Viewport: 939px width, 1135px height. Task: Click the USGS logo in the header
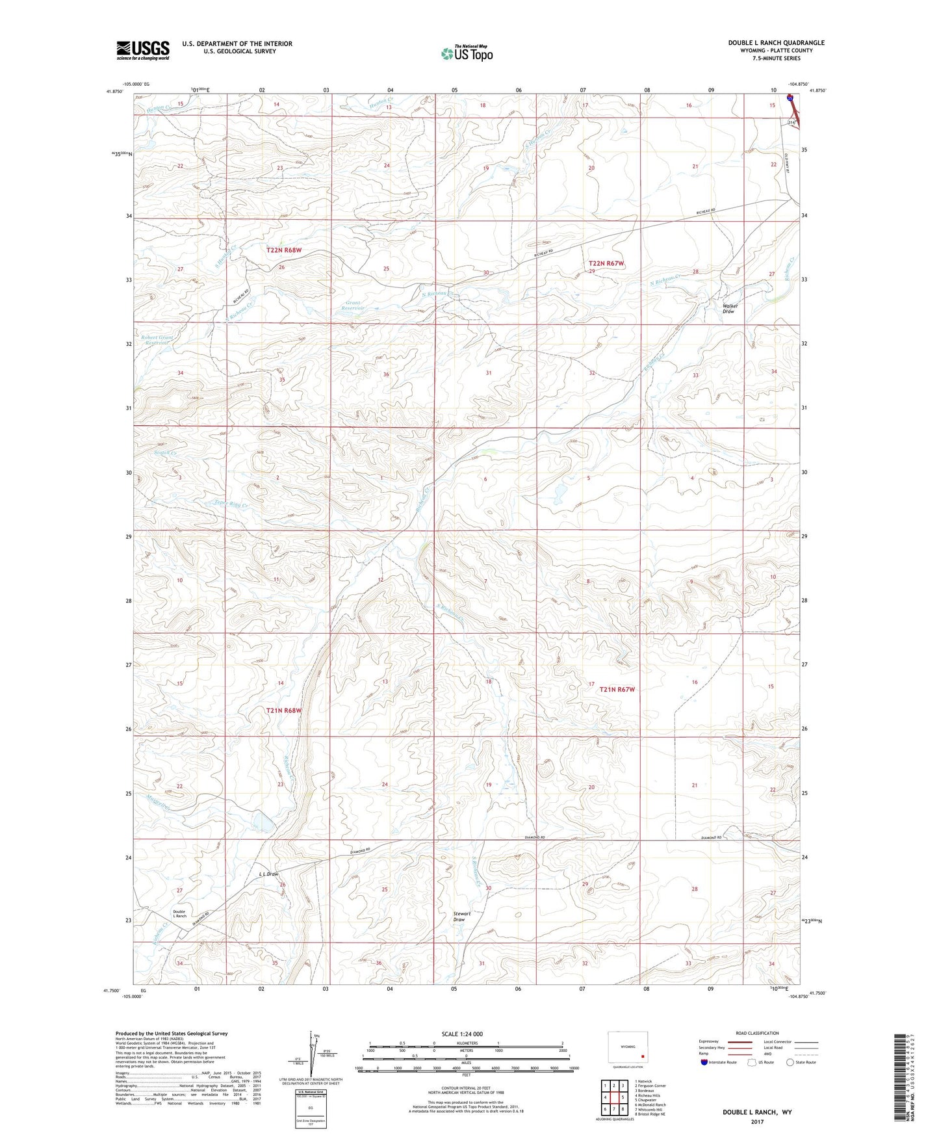(x=143, y=50)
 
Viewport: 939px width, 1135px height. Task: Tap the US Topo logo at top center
(x=466, y=53)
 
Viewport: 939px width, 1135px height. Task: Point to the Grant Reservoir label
(x=354, y=305)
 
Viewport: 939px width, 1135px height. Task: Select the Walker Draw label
(x=728, y=309)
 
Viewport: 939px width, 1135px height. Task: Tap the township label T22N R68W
(x=284, y=250)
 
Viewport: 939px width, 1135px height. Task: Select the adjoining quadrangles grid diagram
(x=613, y=1099)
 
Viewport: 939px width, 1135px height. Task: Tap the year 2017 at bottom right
(x=757, y=1121)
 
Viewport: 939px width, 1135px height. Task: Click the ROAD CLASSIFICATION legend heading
(x=757, y=1033)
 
